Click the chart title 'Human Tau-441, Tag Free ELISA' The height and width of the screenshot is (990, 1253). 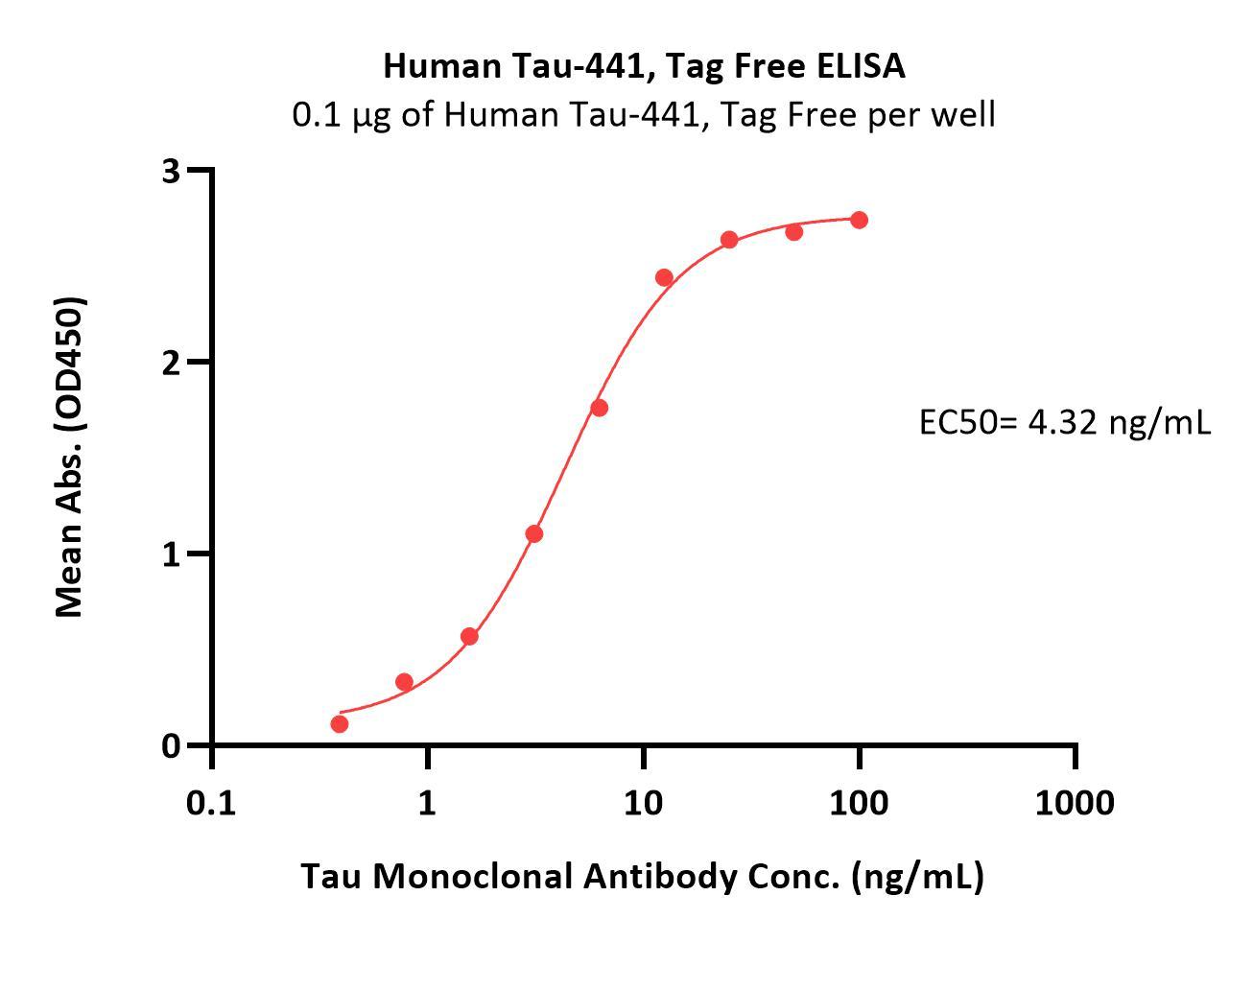pyautogui.click(x=644, y=66)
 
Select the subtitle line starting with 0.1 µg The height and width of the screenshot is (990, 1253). pyautogui.click(x=644, y=115)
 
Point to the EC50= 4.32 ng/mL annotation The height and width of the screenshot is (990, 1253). pyautogui.click(x=1065, y=421)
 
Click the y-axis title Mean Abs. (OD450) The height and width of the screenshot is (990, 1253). pyautogui.click(x=70, y=457)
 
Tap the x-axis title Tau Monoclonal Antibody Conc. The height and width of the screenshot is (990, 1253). pyautogui.click(x=643, y=876)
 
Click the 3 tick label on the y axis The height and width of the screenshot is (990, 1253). pyautogui.click(x=172, y=171)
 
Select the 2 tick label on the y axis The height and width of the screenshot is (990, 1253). pyautogui.click(x=172, y=363)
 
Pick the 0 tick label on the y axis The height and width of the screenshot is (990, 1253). pyautogui.click(x=172, y=746)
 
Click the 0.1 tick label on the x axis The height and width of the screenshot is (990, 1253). pyautogui.click(x=211, y=802)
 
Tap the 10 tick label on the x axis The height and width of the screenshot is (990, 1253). pyautogui.click(x=643, y=802)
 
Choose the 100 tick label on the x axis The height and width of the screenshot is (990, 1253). pyautogui.click(x=858, y=802)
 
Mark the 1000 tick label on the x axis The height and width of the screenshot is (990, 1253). pyautogui.click(x=1075, y=802)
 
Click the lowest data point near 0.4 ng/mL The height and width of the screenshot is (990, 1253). pyautogui.click(x=340, y=723)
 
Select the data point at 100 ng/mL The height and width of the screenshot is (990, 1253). pyautogui.click(x=859, y=220)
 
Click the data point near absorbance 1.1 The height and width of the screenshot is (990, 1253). pyautogui.click(x=534, y=533)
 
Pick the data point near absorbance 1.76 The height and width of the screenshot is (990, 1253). pyautogui.click(x=599, y=408)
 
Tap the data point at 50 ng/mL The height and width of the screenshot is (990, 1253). pyautogui.click(x=793, y=231)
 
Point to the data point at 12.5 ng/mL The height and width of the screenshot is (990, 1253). pyautogui.click(x=664, y=277)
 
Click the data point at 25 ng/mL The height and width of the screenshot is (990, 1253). pyautogui.click(x=729, y=239)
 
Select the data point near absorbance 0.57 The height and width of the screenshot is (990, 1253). pyautogui.click(x=469, y=636)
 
